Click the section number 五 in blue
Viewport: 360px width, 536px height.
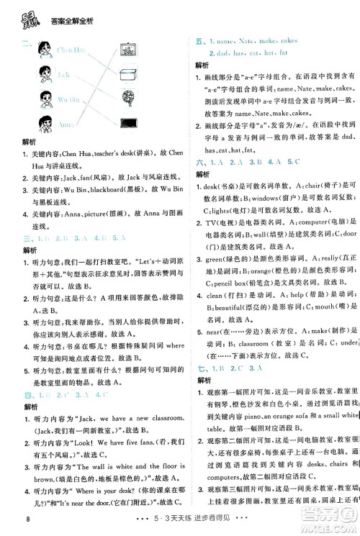pos(199,42)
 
